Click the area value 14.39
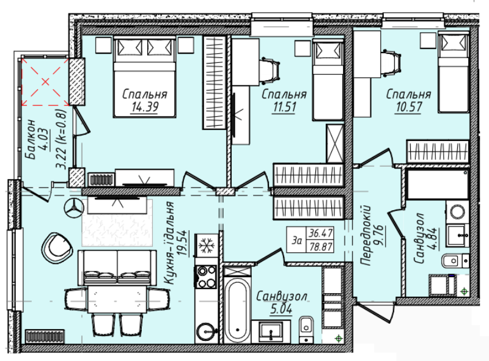[x=145, y=107]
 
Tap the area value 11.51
[x=284, y=107]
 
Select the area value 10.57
[x=408, y=107]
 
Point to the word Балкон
[x=31, y=139]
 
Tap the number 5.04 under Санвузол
[x=281, y=309]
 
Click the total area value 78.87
[x=320, y=246]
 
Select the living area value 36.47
[x=320, y=233]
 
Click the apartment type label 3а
[x=297, y=241]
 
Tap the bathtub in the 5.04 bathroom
[x=237, y=308]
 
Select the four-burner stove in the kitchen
[x=205, y=277]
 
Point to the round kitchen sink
[x=207, y=331]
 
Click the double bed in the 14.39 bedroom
[x=145, y=77]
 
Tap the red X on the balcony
[x=45, y=82]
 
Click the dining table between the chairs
[x=117, y=299]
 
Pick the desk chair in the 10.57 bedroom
[x=391, y=64]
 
